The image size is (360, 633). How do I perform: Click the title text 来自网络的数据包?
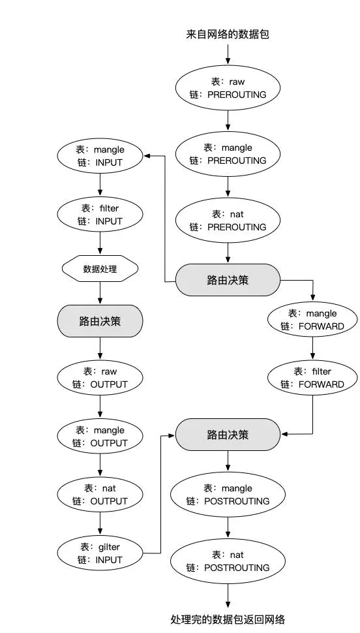[x=228, y=34]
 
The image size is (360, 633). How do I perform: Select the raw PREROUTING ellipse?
[x=228, y=88]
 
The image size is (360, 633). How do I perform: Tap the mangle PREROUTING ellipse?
[x=228, y=154]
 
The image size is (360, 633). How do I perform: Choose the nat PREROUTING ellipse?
[x=228, y=221]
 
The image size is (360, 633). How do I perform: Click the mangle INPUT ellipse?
[x=100, y=156]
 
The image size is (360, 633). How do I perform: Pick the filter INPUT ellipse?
[x=100, y=215]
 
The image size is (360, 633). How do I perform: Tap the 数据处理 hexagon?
[x=100, y=268]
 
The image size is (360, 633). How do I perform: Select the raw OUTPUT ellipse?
[x=100, y=378]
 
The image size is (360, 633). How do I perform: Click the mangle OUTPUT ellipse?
[x=100, y=437]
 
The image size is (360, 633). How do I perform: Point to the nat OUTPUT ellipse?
[x=100, y=495]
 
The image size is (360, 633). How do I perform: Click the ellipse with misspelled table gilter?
[x=100, y=553]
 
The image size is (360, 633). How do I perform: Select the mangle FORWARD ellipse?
[x=312, y=320]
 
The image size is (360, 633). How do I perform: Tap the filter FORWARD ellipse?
[x=312, y=378]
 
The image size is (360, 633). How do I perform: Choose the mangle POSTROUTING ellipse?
[x=228, y=495]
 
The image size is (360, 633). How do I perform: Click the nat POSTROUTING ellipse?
[x=228, y=561]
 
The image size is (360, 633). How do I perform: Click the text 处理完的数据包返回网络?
[x=228, y=619]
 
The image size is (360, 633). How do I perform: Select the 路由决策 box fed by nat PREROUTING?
[x=228, y=279]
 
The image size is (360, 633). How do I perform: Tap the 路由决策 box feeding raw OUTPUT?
[x=100, y=320]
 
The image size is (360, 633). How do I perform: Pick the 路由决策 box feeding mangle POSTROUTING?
[x=228, y=434]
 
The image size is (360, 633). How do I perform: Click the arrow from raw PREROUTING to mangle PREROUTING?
[x=228, y=119]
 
